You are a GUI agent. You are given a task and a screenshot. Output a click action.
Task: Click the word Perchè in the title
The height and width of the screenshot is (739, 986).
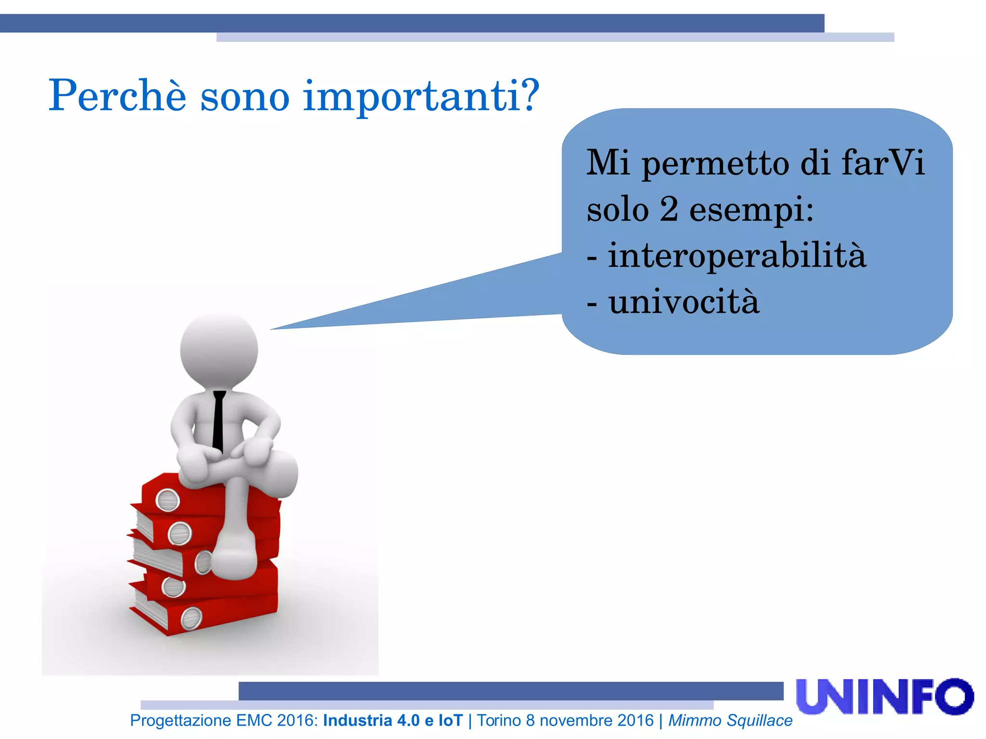(x=117, y=95)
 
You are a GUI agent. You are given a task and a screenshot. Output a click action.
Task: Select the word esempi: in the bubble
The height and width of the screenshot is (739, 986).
(x=751, y=211)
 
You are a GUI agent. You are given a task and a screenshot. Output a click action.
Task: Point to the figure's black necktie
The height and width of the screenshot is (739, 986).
(x=219, y=421)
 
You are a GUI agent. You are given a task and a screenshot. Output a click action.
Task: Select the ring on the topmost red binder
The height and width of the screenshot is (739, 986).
(x=168, y=500)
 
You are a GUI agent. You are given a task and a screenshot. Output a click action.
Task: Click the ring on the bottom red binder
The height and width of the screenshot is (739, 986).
(x=191, y=618)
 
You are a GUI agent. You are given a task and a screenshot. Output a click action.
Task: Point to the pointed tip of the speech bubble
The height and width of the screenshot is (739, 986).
(x=272, y=329)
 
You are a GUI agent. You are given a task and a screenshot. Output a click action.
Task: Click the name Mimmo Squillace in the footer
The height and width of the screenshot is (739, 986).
(x=730, y=720)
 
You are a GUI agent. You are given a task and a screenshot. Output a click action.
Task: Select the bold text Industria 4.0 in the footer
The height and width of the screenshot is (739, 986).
(x=371, y=720)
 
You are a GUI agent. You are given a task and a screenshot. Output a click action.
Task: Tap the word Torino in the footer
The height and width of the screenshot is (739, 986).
(x=499, y=720)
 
